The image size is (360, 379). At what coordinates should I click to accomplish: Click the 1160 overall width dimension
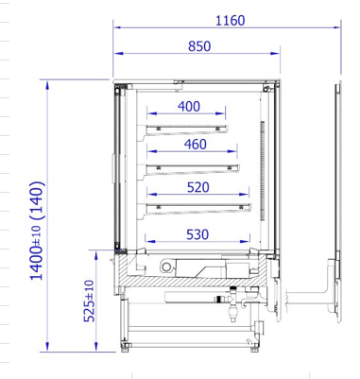tap(231, 21)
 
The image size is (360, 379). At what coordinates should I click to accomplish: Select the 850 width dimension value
tap(199, 46)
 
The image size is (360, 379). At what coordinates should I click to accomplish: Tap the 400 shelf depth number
tap(189, 107)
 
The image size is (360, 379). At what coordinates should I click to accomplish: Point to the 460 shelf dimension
tap(196, 145)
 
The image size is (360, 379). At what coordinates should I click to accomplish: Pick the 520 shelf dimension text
tap(198, 187)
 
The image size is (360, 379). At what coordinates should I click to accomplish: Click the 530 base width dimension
tap(197, 234)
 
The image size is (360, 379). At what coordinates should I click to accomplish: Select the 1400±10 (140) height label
tap(37, 231)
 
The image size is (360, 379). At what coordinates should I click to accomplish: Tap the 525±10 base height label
tap(89, 301)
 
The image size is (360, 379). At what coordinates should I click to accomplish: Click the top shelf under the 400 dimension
tap(187, 129)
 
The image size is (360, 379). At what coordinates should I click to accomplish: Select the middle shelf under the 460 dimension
tap(193, 169)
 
